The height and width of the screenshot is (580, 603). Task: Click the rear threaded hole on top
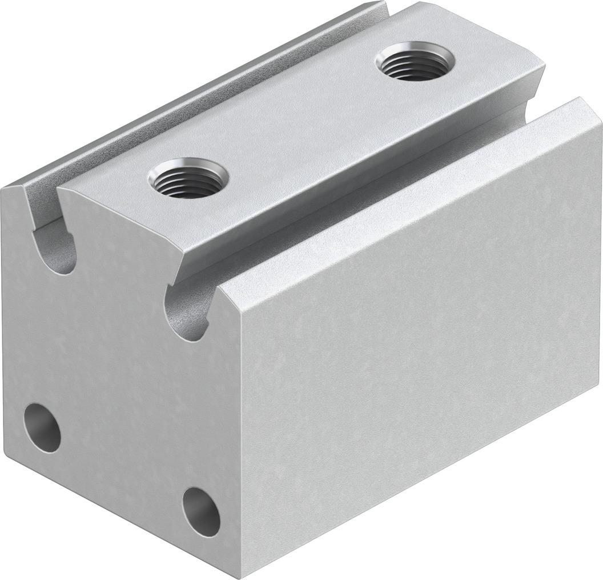(x=415, y=61)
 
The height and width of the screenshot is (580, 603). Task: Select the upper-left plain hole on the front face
(x=42, y=427)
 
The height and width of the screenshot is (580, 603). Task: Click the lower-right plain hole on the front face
(x=202, y=511)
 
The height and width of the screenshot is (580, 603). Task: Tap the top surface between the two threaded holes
(x=297, y=120)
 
